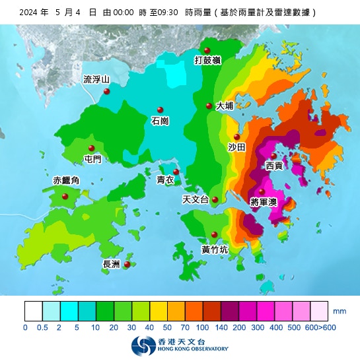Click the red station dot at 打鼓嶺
pos(207,51)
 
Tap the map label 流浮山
pos(96,79)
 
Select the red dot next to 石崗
pos(160,110)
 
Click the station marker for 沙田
pos(237,137)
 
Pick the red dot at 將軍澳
pos(261,191)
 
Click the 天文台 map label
pos(195,199)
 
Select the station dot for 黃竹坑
pos(215,235)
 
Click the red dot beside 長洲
pos(127,264)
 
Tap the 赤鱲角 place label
pos(66,180)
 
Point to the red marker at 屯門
pos(92,148)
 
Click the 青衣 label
pos(165,180)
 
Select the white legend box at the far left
pos(34,311)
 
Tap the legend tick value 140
pos(221,327)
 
